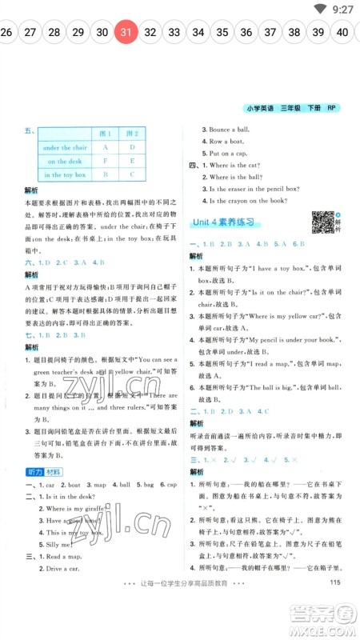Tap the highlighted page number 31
126,33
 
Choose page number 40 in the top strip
342,33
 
